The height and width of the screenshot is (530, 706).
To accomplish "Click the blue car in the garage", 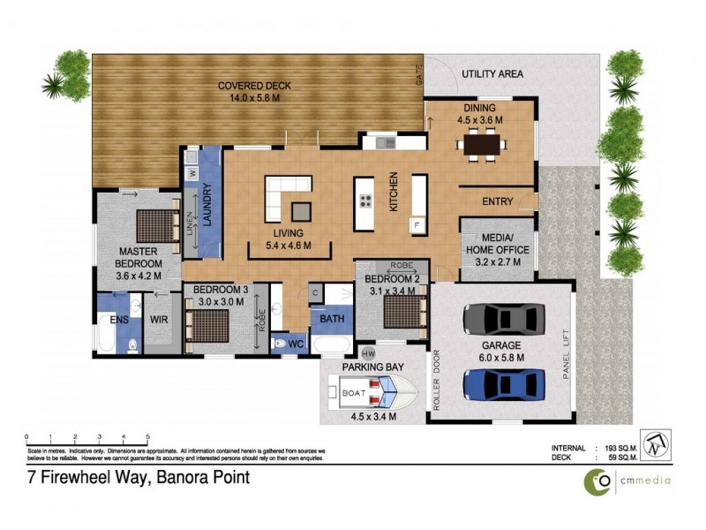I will pyautogui.click(x=502, y=383).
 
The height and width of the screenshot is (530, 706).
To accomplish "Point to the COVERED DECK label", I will pyautogui.click(x=255, y=87).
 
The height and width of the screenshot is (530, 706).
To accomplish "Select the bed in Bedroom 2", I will pyautogui.click(x=395, y=312).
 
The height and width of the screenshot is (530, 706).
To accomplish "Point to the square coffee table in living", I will pyautogui.click(x=302, y=210).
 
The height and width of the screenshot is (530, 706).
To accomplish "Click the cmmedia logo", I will pyautogui.click(x=628, y=481).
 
